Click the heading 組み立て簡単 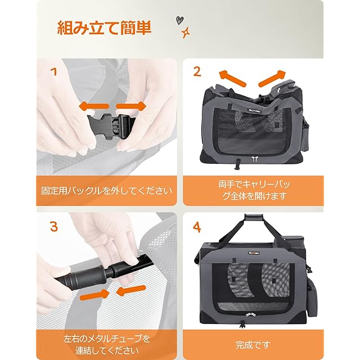(x=104, y=28)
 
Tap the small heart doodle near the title (x=179, y=20)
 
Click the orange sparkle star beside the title (x=186, y=33)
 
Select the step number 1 (x=54, y=72)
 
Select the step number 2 (x=197, y=71)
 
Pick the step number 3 (x=54, y=226)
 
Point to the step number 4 (x=197, y=227)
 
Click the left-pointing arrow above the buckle (x=94, y=106)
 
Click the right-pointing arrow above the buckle (x=131, y=106)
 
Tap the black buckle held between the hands (x=110, y=127)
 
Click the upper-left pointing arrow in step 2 (x=232, y=78)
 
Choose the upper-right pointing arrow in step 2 (x=272, y=78)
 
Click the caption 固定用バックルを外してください (x=106, y=191)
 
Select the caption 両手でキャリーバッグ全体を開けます (x=254, y=190)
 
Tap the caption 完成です (x=253, y=345)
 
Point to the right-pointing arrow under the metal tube (x=94, y=295)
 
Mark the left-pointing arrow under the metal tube (x=131, y=291)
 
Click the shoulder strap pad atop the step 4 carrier (x=253, y=217)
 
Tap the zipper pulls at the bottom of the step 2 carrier (x=254, y=159)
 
